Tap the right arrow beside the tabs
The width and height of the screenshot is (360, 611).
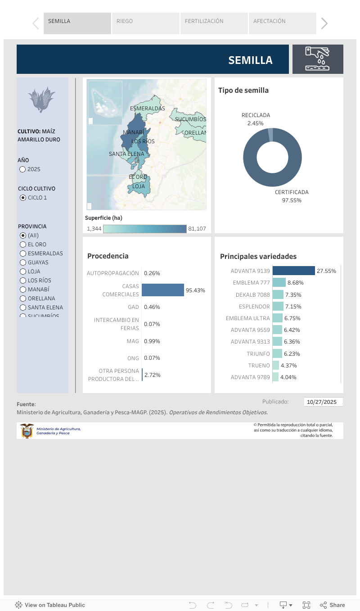point(324,23)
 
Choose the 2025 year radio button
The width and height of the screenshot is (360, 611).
point(22,169)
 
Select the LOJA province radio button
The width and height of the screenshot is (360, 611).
point(23,272)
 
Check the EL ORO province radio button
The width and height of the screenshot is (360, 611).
point(23,244)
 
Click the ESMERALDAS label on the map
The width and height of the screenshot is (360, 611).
point(147,109)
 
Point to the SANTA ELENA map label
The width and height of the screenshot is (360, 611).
point(126,154)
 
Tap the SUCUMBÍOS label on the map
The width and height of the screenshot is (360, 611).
point(190,119)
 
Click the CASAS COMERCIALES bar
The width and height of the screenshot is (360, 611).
point(162,290)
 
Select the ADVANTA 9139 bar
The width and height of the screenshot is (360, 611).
point(293,271)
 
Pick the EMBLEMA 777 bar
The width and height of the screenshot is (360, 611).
point(279,283)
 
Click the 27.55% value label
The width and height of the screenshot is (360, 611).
point(326,271)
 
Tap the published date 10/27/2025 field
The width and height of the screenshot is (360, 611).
point(323,402)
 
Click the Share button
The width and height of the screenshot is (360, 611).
point(333,605)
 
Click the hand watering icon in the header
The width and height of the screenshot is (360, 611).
point(318,59)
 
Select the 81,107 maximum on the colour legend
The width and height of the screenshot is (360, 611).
point(197,229)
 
